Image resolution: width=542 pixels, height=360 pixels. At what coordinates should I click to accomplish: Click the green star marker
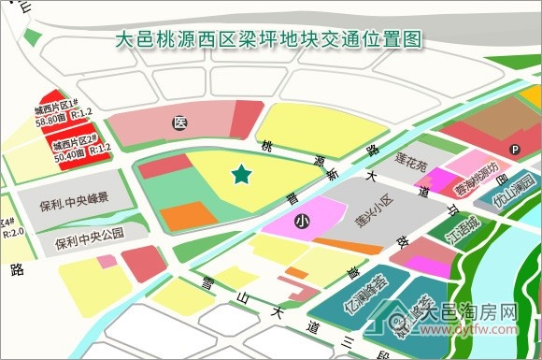pyautogui.click(x=242, y=173)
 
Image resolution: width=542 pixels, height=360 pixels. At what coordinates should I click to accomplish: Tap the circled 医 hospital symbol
pyautogui.click(x=178, y=122)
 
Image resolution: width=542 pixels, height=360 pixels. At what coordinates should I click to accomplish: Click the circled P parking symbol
pyautogui.click(x=514, y=150)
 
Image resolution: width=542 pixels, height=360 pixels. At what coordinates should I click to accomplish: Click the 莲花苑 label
pyautogui.click(x=409, y=165)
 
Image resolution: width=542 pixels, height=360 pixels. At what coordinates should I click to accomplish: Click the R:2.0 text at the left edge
pyautogui.click(x=12, y=232)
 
